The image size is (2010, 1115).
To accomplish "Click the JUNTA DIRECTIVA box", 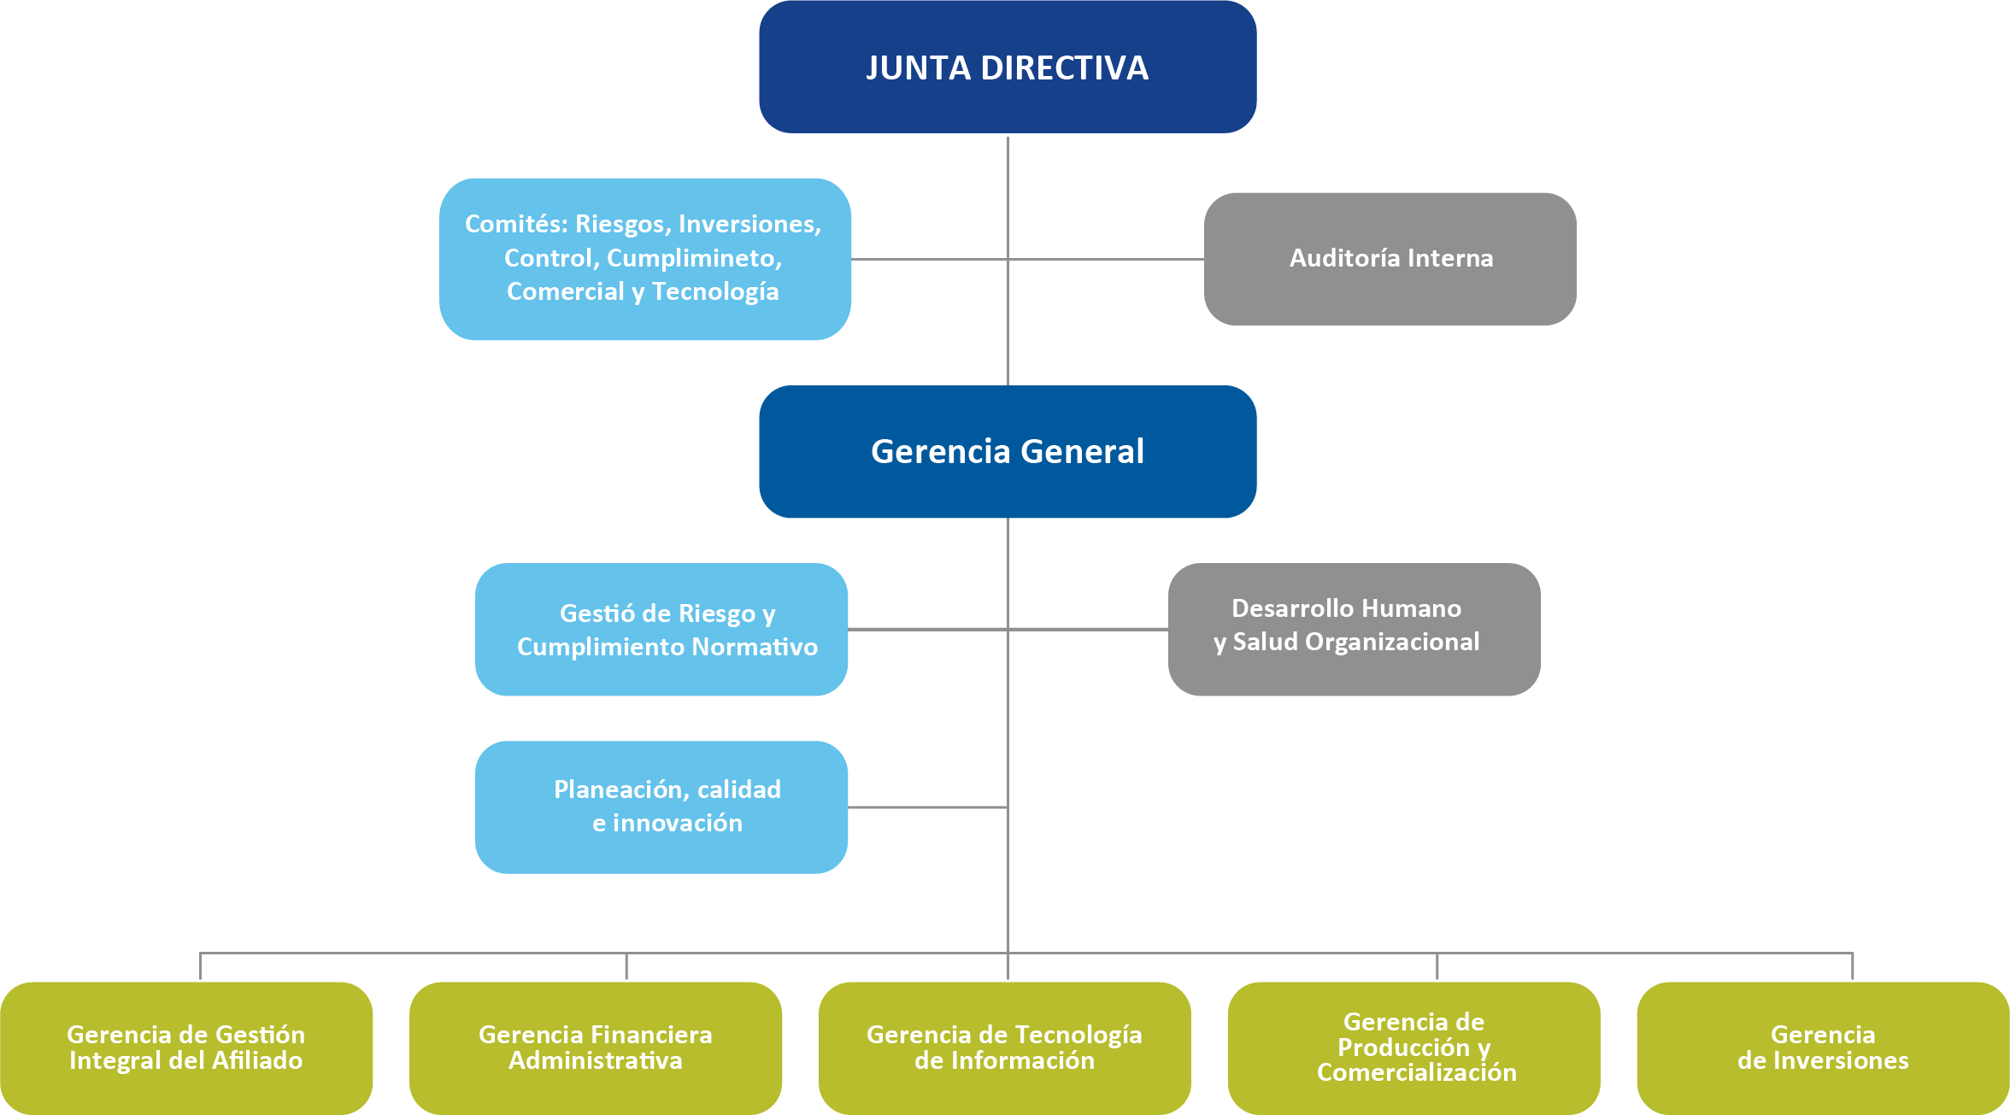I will [1008, 67].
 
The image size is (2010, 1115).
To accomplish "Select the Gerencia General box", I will [1008, 451].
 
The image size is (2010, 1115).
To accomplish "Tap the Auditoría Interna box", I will [1390, 258].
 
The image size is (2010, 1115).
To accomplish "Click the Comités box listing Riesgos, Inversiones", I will [644, 258].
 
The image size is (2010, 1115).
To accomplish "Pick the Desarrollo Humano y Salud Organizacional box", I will [1354, 629].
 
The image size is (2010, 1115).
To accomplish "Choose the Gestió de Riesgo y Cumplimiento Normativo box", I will [661, 629].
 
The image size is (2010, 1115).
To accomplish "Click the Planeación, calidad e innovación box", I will [661, 807].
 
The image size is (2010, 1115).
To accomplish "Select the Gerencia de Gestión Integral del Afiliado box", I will [186, 1048].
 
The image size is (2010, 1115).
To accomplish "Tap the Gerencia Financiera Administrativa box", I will [596, 1048].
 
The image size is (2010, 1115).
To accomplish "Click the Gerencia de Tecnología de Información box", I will [1004, 1048].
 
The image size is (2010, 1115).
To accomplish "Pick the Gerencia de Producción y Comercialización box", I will [1414, 1048].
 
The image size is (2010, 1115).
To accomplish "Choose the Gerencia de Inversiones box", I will [1823, 1048].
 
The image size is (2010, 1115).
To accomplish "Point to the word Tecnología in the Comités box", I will [715, 292].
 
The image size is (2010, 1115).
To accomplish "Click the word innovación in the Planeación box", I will [678, 823].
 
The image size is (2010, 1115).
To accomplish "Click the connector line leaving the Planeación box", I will [928, 807].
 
